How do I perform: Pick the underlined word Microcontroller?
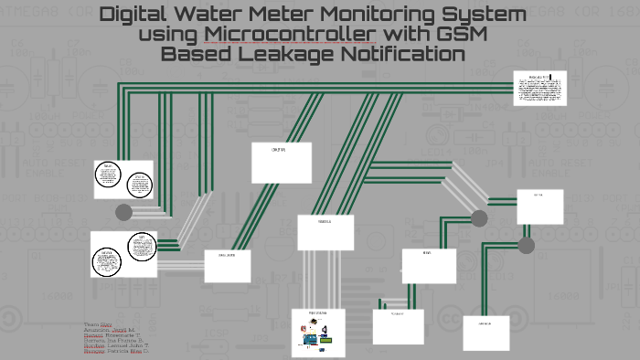291,35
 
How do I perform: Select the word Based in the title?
194,54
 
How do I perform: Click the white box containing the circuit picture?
317,332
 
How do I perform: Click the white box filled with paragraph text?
539,88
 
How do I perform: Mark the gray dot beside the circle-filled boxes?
123,212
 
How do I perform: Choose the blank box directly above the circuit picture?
325,232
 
